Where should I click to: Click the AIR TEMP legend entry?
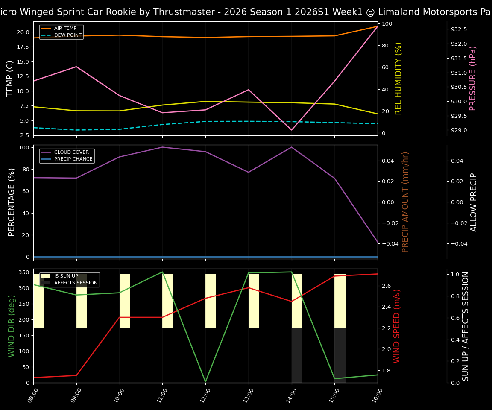coord(65,29)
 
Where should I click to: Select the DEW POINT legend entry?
coord(67,35)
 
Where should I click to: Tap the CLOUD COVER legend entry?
coord(71,152)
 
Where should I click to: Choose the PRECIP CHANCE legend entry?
coord(73,159)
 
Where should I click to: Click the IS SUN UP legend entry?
coord(66,276)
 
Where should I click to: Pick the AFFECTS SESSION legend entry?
coord(76,283)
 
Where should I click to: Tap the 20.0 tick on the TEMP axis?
coord(23,32)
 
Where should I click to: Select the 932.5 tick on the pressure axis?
coord(459,29)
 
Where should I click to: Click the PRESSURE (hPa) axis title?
coord(473,78)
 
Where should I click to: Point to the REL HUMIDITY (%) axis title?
coord(398,78)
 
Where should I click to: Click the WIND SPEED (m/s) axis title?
coord(397,326)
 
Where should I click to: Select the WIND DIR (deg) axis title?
coord(12,326)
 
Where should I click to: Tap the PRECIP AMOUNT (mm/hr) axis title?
coord(405,202)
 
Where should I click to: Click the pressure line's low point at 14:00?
coord(292,130)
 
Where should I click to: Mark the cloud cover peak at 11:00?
coord(162,147)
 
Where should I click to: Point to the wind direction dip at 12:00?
coord(205,381)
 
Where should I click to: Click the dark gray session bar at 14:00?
coord(297,355)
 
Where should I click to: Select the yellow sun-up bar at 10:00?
coord(125,301)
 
